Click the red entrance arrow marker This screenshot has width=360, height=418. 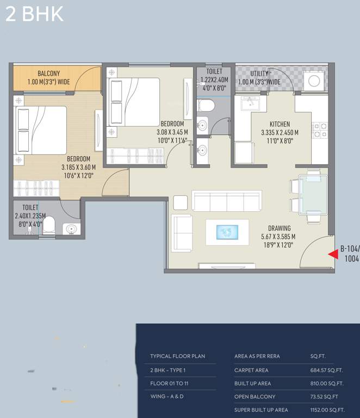pyautogui.click(x=333, y=253)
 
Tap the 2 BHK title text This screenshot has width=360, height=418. pyautogui.click(x=34, y=14)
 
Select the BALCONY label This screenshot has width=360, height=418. pyautogui.click(x=49, y=73)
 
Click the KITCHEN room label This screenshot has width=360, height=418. pyautogui.click(x=280, y=124)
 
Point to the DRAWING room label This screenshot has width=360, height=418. pyautogui.click(x=279, y=228)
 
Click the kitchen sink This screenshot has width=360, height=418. pyautogui.click(x=250, y=103)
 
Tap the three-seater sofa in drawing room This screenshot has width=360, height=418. pyautogui.click(x=227, y=201)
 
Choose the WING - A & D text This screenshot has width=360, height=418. pyautogui.click(x=167, y=397)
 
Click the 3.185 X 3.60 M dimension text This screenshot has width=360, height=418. pyautogui.click(x=78, y=168)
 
